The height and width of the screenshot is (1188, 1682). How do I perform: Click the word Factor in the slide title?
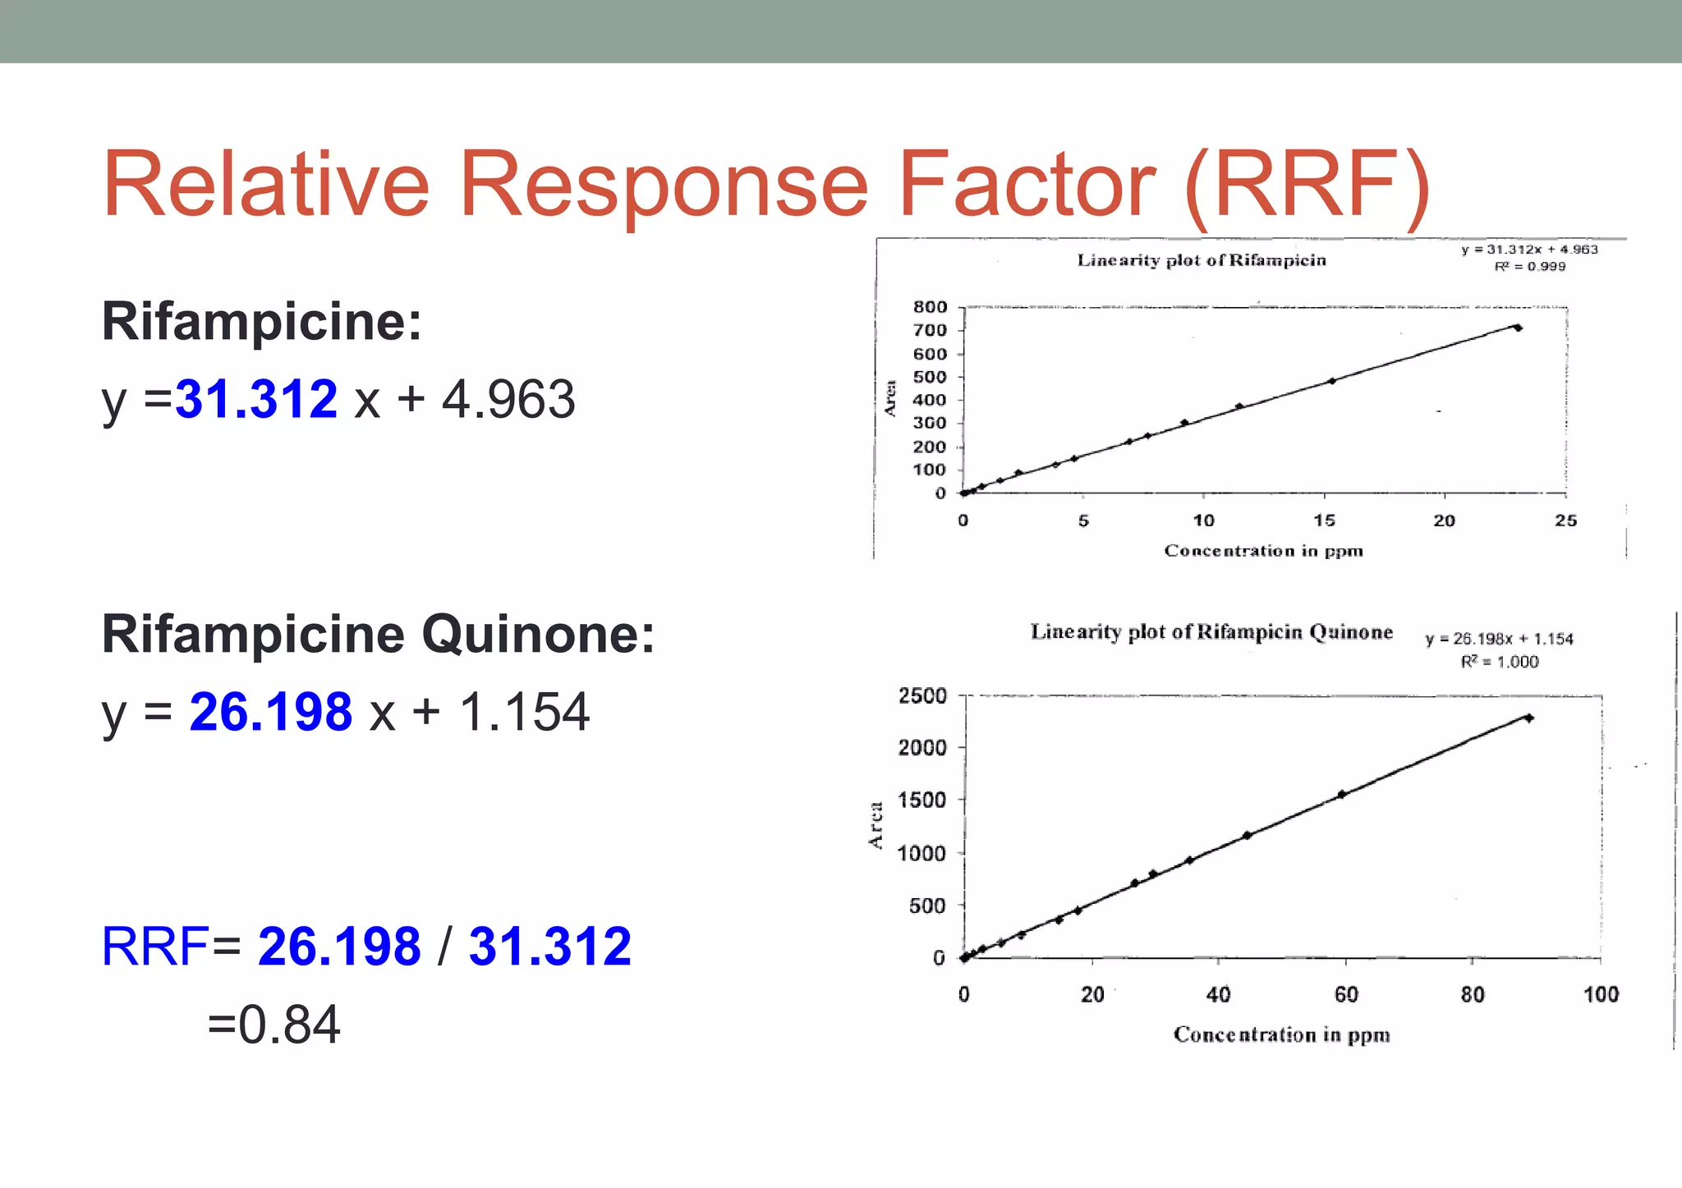click(1027, 185)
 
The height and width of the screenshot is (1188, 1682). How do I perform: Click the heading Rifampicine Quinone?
click(378, 635)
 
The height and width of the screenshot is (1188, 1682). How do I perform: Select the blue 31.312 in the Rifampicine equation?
click(256, 400)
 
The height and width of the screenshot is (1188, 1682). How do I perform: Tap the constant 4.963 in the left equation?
click(508, 400)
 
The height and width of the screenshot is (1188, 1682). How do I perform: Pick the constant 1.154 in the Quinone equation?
click(523, 712)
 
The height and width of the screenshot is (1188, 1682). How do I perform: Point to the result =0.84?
click(273, 1025)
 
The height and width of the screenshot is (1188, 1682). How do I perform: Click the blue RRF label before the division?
click(155, 947)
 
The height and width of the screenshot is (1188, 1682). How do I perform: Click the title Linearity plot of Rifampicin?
click(1201, 260)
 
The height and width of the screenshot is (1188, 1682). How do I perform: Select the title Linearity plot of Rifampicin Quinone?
click(1211, 632)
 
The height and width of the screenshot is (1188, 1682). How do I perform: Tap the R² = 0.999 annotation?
click(1529, 266)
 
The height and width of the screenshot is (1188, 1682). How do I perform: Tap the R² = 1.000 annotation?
click(1499, 662)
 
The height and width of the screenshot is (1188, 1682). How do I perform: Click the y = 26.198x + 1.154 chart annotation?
click(1499, 639)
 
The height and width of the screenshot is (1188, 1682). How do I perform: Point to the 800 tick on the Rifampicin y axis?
click(930, 307)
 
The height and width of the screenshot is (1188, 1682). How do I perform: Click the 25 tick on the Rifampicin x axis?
click(1565, 521)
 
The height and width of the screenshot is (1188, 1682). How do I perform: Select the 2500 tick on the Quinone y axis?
click(922, 696)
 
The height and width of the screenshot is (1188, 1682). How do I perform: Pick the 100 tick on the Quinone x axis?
click(1600, 995)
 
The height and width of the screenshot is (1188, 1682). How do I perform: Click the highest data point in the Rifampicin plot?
click(1518, 328)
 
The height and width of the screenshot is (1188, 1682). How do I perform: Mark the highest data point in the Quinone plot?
click(1528, 718)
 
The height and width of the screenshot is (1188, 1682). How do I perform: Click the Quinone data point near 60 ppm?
click(1341, 794)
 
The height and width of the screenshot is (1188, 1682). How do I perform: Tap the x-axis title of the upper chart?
click(1263, 551)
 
